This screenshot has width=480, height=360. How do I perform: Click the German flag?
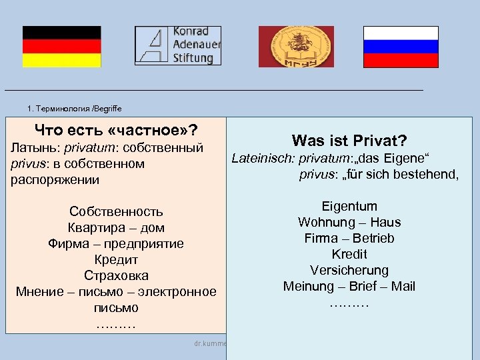click(62, 47)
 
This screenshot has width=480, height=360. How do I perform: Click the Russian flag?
click(401, 47)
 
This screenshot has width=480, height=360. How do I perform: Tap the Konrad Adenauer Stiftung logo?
click(178, 45)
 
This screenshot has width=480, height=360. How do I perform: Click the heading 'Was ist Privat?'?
click(349, 141)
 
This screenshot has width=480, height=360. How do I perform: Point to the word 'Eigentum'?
click(349, 206)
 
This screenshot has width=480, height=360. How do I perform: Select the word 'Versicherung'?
click(349, 270)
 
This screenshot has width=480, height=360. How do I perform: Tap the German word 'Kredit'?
click(349, 254)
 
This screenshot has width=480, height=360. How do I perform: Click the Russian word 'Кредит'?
click(116, 259)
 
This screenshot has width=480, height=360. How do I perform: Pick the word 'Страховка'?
click(116, 275)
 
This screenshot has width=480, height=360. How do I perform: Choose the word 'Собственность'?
click(116, 211)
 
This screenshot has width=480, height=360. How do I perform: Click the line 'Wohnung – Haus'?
click(349, 222)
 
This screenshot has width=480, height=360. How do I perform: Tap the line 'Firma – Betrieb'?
click(349, 238)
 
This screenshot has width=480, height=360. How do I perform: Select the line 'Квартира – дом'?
click(116, 227)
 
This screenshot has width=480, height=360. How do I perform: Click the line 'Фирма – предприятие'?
click(116, 243)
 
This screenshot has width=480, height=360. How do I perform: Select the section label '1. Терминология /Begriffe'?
click(75, 108)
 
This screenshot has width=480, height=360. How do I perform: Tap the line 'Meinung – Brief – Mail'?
click(349, 286)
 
